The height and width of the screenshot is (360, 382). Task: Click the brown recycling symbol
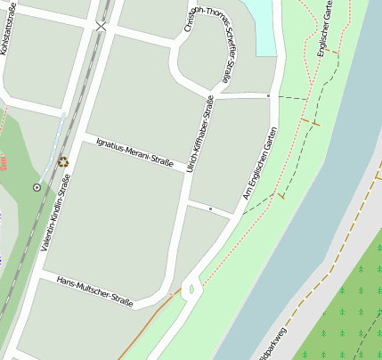tap(63, 161)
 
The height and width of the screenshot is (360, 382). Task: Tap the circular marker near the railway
tap(37, 187)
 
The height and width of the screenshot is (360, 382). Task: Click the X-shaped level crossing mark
tap(101, 27)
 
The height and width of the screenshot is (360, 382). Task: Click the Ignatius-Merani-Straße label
tap(134, 153)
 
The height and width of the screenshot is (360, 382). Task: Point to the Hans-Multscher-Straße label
tap(94, 291)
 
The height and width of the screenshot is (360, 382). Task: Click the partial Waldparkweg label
tap(270, 348)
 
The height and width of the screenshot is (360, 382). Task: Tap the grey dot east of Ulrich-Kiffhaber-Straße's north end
tap(268, 94)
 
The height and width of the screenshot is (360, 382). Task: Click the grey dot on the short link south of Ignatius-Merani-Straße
tap(210, 208)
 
